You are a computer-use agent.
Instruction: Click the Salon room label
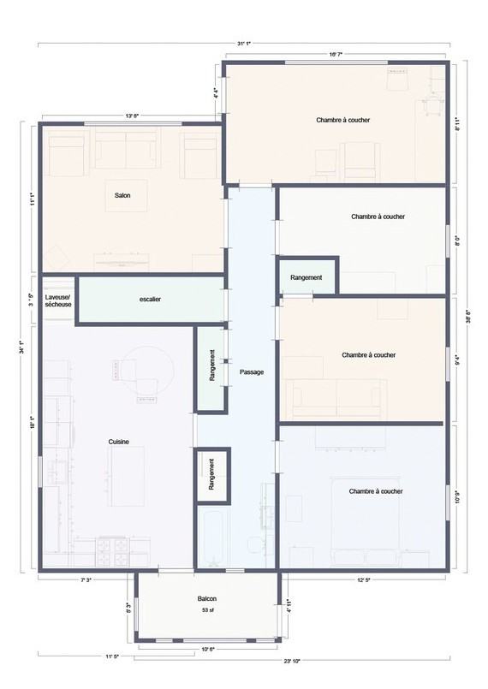coord(122,195)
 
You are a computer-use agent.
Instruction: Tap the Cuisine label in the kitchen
coord(119,442)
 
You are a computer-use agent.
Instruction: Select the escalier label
coord(150,300)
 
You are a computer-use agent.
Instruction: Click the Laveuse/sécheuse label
coord(58,300)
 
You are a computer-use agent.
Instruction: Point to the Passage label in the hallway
coord(252,372)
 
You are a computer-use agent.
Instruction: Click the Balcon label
coord(206,599)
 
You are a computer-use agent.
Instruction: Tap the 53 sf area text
coord(207,610)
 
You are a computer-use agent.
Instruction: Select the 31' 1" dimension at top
coord(243,44)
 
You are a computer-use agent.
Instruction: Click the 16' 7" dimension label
coord(336,55)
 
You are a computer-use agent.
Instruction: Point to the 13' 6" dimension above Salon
coord(132,116)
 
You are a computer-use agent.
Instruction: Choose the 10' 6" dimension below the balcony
coord(207,649)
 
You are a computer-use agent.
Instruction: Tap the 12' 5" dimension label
coord(364,580)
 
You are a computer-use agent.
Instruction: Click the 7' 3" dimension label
coord(86,580)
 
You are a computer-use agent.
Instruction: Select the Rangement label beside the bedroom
coord(306,277)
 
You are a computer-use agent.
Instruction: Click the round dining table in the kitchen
coord(150,370)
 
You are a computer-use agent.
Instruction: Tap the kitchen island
coord(128,476)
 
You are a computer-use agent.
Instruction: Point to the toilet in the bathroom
coord(254,545)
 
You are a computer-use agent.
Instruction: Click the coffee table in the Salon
coord(126,195)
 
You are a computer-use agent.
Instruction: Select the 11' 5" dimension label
coord(112,656)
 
